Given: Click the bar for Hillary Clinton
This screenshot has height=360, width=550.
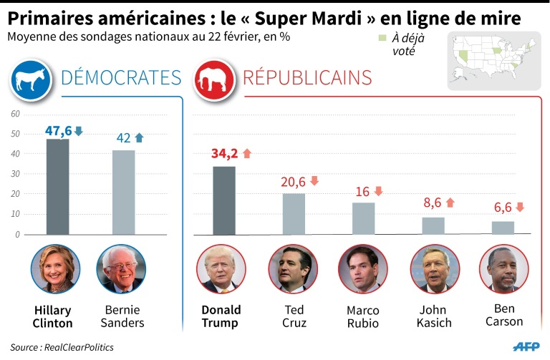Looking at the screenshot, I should [57, 187].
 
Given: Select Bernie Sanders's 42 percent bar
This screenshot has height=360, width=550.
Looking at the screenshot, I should [123, 193].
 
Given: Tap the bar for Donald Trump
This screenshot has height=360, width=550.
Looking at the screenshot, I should [224, 200].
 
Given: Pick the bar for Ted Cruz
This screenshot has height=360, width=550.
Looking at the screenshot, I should [294, 214].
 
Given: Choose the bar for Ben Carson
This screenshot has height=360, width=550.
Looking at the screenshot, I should [503, 228].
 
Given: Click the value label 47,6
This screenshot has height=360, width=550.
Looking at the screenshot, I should [58, 131].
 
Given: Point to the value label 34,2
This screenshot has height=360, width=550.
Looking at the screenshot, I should [225, 153].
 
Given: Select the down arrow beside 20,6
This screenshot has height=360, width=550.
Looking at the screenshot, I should [314, 181].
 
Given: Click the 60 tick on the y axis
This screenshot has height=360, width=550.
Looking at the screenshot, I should [15, 114].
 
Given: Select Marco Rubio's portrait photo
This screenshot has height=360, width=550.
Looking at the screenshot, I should [362, 269].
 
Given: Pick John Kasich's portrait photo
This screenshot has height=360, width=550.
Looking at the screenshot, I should [435, 269].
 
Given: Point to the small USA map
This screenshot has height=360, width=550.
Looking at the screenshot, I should [493, 60].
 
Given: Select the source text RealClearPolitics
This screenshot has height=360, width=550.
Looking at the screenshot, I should [83, 346].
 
